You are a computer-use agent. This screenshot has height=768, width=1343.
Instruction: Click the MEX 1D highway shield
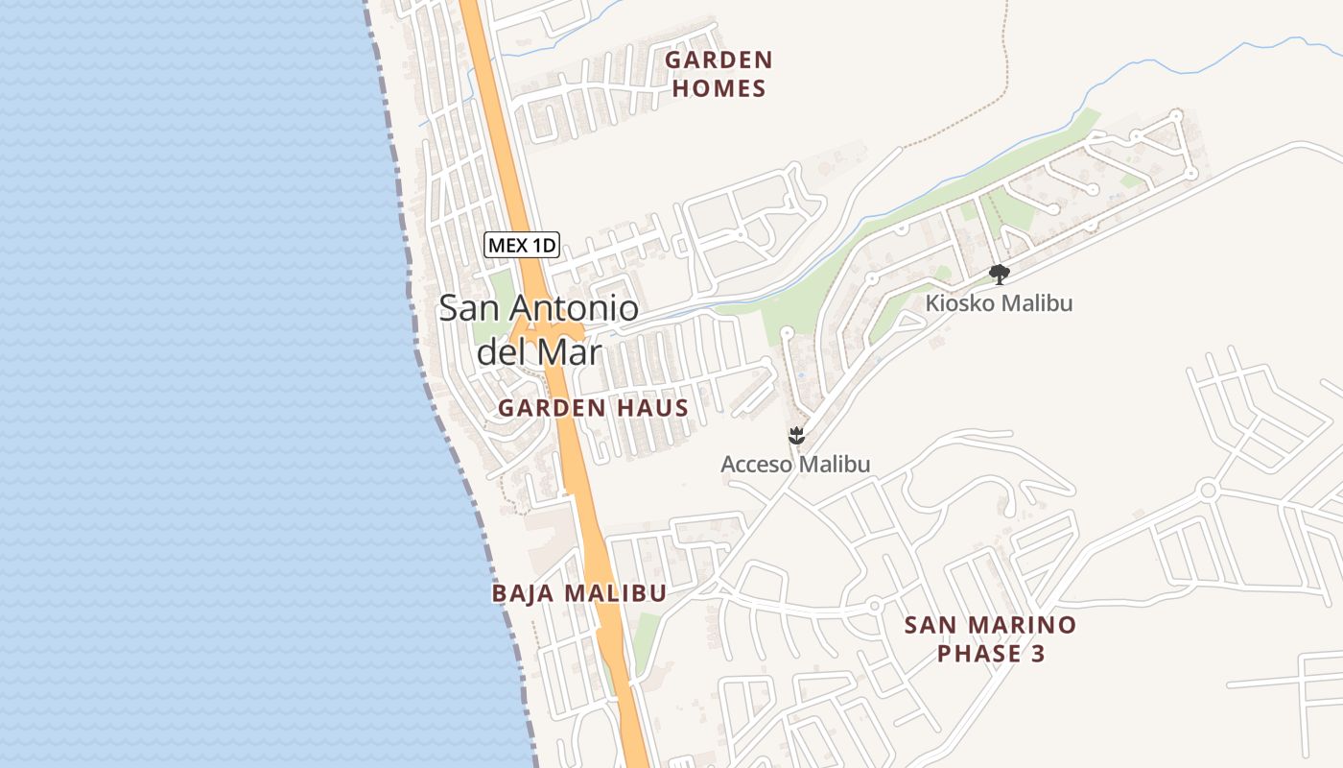tap(521, 245)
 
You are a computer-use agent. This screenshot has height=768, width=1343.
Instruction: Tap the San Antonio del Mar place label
tap(538, 329)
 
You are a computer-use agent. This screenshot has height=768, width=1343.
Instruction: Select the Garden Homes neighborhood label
tap(719, 74)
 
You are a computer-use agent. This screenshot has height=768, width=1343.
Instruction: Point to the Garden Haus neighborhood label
tap(593, 408)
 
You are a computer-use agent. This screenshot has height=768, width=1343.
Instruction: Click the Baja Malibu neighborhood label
tap(578, 593)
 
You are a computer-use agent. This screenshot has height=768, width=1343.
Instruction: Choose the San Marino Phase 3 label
tap(990, 639)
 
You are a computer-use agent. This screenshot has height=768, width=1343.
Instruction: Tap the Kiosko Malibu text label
tap(999, 303)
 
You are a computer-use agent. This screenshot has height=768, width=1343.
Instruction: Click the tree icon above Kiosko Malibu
tap(999, 275)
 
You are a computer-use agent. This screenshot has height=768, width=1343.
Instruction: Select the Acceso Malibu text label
tap(795, 465)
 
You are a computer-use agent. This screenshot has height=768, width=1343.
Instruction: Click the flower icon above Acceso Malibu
tap(795, 437)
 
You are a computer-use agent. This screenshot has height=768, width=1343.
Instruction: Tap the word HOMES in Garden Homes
tap(719, 89)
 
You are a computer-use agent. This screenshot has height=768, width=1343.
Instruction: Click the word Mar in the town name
tap(570, 351)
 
